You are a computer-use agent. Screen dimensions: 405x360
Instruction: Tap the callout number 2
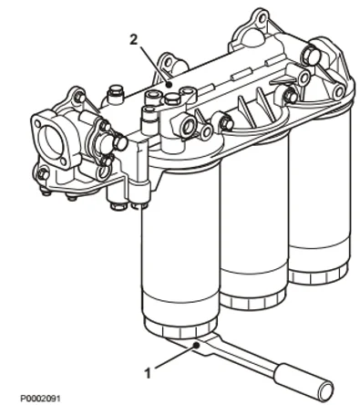134,41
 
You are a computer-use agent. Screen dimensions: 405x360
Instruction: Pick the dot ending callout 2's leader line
169,83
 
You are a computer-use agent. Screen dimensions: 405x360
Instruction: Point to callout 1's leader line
173,359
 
